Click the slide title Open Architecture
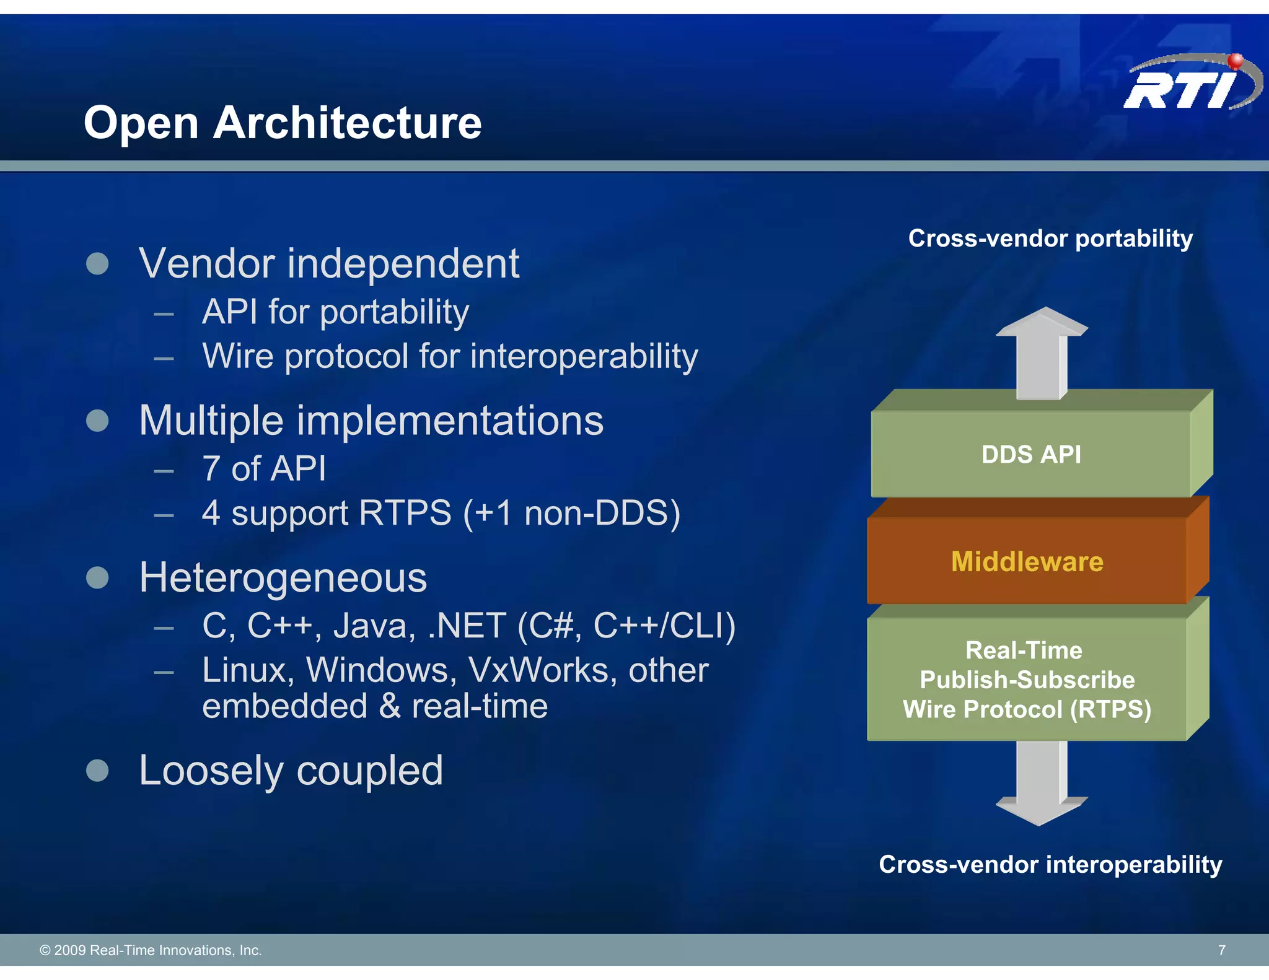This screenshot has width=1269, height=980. [x=283, y=123]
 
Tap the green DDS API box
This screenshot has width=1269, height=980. [x=1031, y=454]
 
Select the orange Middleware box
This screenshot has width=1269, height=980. [x=1027, y=561]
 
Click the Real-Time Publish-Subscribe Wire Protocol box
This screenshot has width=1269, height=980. [x=1027, y=680]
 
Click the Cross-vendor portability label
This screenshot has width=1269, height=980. [x=1050, y=238]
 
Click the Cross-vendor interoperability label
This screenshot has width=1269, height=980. [x=1050, y=864]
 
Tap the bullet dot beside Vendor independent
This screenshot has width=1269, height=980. [x=97, y=263]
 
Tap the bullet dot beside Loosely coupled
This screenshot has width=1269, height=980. [x=97, y=771]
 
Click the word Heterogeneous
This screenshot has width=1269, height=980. [x=283, y=577]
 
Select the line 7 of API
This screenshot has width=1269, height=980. [x=264, y=468]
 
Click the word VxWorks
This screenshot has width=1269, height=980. [x=542, y=670]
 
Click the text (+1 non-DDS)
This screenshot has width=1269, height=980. [x=571, y=513]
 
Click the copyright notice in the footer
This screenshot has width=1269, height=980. [x=151, y=950]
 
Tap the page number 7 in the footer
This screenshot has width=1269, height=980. [x=1221, y=950]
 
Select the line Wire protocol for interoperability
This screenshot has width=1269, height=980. [x=450, y=356]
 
